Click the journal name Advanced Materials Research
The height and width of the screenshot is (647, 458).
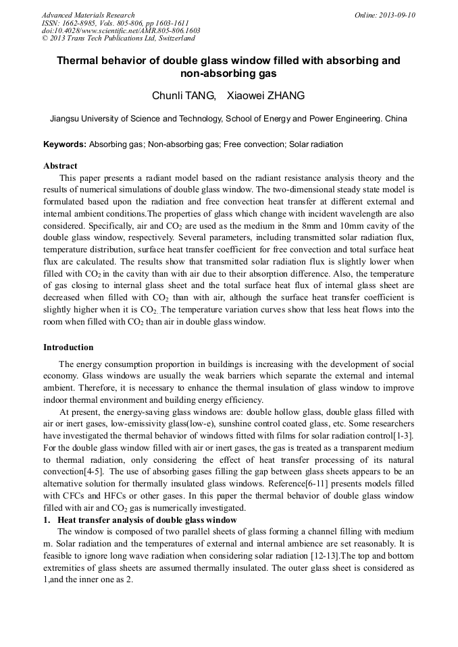(88, 15)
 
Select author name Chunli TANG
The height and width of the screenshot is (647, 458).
(176, 96)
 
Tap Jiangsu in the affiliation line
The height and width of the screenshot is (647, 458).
(66, 119)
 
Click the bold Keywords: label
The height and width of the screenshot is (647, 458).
(65, 144)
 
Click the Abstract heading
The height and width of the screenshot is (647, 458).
(60, 166)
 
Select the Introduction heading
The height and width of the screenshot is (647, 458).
(68, 347)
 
